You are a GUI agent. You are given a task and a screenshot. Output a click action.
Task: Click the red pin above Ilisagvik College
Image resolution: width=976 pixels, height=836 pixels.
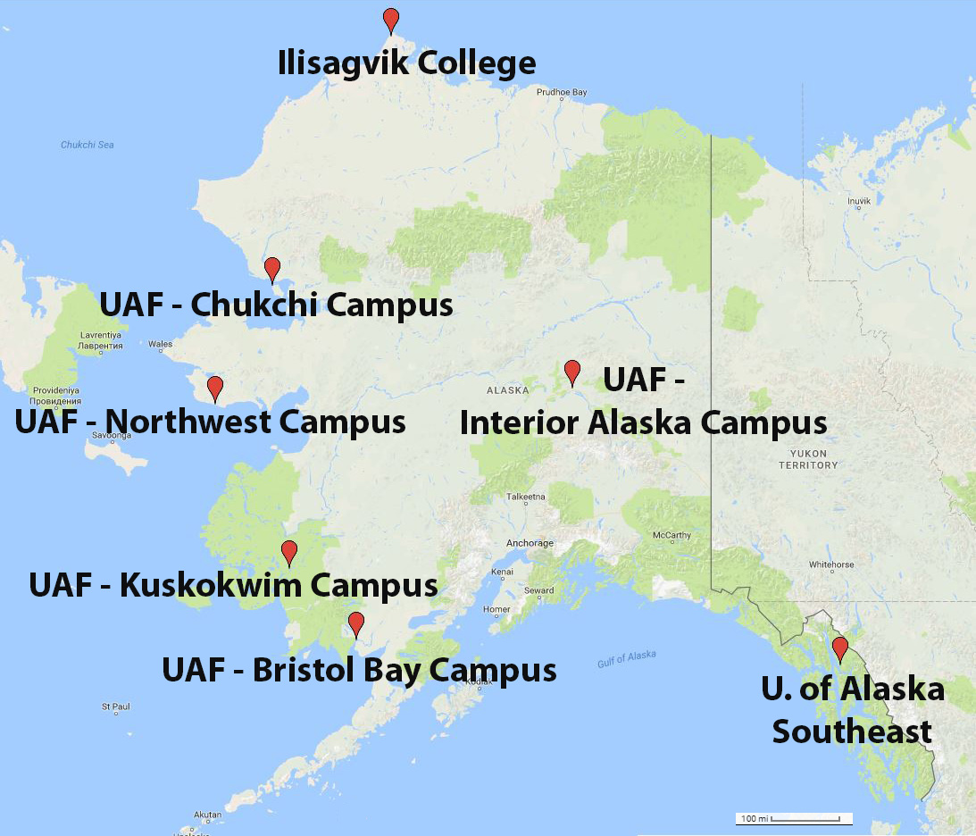(390, 19)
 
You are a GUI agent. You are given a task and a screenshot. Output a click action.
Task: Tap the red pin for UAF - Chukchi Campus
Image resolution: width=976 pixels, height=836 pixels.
(272, 268)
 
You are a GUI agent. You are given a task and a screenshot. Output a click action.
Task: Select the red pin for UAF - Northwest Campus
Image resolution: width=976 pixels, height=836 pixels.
(214, 388)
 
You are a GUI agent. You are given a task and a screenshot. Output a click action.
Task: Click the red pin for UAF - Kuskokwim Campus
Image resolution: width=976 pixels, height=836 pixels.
(288, 552)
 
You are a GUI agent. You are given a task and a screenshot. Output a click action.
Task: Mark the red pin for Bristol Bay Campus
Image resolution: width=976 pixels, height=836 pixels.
(356, 623)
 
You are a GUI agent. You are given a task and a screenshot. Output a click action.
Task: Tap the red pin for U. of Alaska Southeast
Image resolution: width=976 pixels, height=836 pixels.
(839, 648)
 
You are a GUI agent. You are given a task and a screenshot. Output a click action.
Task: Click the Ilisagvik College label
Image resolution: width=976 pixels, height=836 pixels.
(407, 63)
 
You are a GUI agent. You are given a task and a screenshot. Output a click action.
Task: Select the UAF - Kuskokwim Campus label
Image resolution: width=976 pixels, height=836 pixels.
(233, 586)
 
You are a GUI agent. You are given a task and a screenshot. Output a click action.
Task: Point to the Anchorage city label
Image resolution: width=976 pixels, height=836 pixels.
(530, 543)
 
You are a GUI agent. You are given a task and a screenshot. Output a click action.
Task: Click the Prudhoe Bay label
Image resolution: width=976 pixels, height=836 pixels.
(562, 92)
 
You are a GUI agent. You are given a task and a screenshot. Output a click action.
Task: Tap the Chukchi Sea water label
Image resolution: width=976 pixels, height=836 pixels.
(87, 145)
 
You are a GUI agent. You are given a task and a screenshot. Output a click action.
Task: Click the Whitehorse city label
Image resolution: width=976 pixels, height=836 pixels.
(830, 564)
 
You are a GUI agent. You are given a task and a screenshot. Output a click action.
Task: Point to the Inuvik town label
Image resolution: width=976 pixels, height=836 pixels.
(858, 201)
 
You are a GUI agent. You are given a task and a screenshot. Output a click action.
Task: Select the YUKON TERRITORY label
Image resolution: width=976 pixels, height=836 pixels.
(808, 459)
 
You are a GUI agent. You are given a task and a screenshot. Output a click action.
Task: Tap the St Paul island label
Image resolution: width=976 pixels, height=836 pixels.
(116, 706)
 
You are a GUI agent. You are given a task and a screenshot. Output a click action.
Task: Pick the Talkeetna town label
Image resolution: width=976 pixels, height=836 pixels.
(525, 496)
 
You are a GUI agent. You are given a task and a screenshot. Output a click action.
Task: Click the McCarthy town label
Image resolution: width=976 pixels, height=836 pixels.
(672, 535)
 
